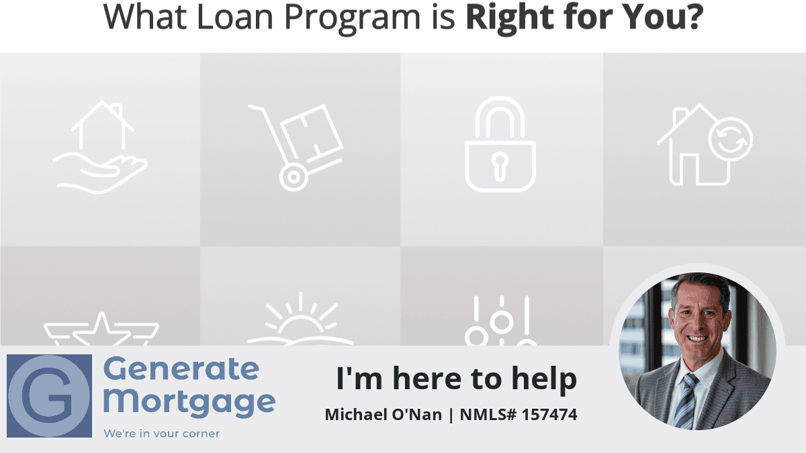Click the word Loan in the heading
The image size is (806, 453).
[x=235, y=17]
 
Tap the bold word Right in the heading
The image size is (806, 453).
[x=510, y=18]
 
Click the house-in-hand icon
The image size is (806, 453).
[x=100, y=147]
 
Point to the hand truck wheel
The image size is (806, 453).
[x=294, y=177]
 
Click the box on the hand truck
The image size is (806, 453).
[x=312, y=132]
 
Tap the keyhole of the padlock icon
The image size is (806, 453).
[x=500, y=166]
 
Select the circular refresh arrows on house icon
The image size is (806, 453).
[x=731, y=140]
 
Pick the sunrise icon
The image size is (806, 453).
[x=300, y=320]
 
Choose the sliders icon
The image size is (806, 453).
[x=501, y=321]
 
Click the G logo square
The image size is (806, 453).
[x=49, y=396]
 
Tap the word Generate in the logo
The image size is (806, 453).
[x=181, y=369]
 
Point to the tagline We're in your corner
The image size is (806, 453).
[x=162, y=434]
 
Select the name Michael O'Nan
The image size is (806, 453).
[x=384, y=415]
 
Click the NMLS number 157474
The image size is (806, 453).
[x=549, y=415]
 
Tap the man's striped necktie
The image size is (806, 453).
[x=686, y=401]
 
